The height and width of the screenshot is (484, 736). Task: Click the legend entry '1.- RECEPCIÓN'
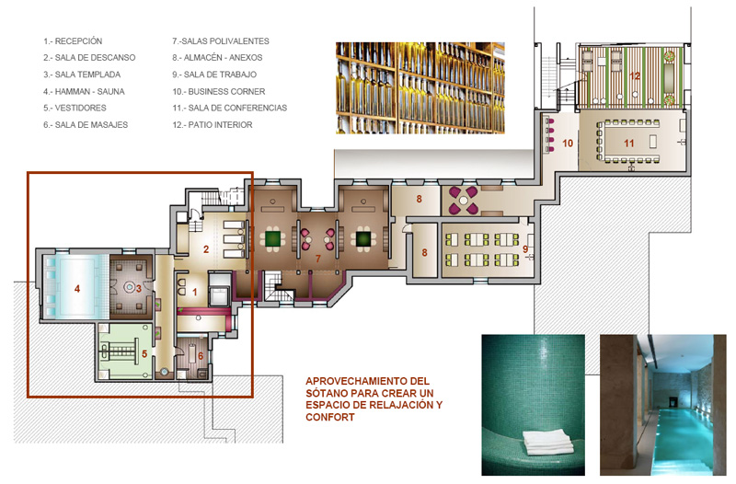73,41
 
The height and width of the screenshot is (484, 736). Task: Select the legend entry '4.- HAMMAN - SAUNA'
84,91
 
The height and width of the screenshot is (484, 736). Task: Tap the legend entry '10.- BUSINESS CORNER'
219,91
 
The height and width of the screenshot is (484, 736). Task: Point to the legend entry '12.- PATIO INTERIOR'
213,125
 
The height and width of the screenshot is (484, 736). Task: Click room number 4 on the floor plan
77,289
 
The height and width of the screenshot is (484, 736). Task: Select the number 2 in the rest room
205,249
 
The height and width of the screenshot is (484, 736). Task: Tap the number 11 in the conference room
629,144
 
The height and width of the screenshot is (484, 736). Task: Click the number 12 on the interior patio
635,76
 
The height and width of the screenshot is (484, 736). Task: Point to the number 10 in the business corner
568,144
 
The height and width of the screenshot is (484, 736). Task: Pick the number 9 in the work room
525,249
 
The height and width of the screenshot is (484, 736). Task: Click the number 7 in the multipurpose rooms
317,259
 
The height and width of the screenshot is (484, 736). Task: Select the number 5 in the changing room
144,353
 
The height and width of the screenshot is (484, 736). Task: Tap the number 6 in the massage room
201,356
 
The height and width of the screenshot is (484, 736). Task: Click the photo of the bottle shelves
420,88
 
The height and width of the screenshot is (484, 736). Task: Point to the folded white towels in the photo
548,443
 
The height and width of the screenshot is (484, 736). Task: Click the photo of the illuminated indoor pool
662,405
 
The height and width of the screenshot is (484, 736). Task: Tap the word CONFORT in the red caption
330,417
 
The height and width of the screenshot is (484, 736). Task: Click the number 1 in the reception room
195,292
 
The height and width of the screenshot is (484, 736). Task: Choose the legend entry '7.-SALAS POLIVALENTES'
221,41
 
